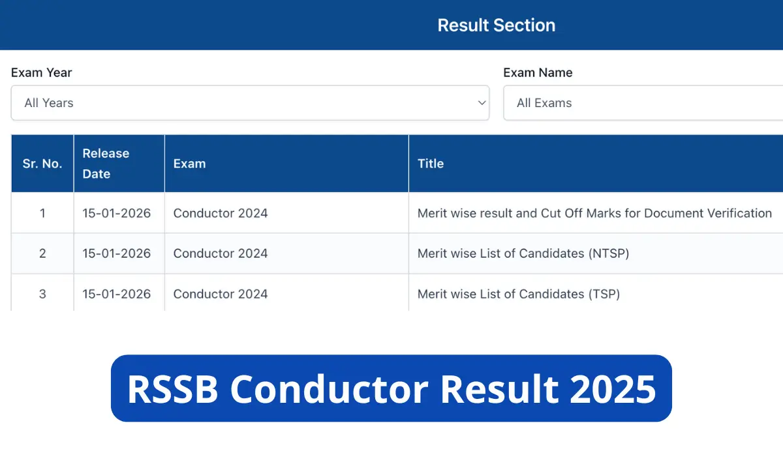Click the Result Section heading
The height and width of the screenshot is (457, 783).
[496, 25]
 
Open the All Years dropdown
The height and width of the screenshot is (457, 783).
[250, 103]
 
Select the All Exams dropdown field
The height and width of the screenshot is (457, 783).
[643, 103]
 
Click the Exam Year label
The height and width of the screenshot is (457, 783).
[41, 72]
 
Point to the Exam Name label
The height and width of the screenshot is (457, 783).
[538, 72]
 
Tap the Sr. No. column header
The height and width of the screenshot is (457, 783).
[42, 164]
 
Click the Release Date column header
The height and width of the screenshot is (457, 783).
[106, 164]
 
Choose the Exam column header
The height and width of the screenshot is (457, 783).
[189, 164]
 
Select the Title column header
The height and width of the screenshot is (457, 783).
[431, 164]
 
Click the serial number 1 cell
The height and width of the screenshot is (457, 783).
[42, 213]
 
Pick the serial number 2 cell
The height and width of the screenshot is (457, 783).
[42, 253]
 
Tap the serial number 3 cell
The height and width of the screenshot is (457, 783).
[42, 294]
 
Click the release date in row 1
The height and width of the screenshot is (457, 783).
[116, 213]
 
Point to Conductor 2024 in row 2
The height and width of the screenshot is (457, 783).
[221, 253]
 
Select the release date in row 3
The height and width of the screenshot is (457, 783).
[116, 294]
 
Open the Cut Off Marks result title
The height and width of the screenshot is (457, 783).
[594, 213]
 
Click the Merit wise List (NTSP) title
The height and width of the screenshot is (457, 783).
[523, 253]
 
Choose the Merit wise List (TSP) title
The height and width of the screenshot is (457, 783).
[519, 294]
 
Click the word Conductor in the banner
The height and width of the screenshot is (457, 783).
[330, 389]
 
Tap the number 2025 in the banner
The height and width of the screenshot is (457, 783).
[613, 389]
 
